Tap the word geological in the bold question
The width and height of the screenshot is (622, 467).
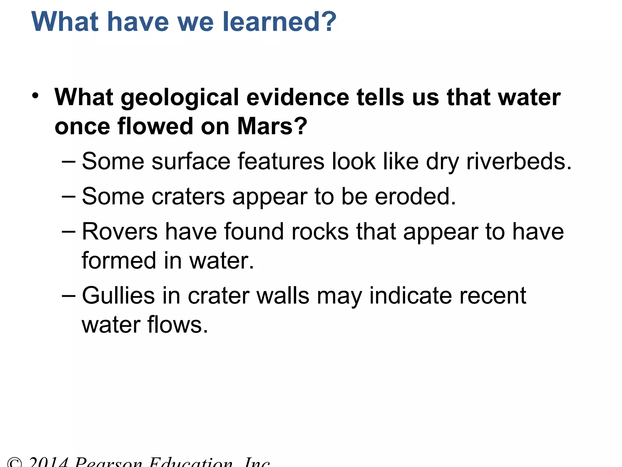coord(180,98)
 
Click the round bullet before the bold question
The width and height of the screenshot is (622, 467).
coord(36,96)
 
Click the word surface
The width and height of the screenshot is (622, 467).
coord(191,161)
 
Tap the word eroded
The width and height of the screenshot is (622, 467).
coord(415,196)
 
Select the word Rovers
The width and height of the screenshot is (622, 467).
coord(120,232)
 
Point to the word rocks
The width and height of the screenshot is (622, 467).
coord(320,232)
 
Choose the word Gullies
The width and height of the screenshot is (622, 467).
coord(118,296)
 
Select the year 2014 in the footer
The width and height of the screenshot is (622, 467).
coord(48,462)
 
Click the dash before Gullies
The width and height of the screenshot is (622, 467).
coord(68,296)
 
